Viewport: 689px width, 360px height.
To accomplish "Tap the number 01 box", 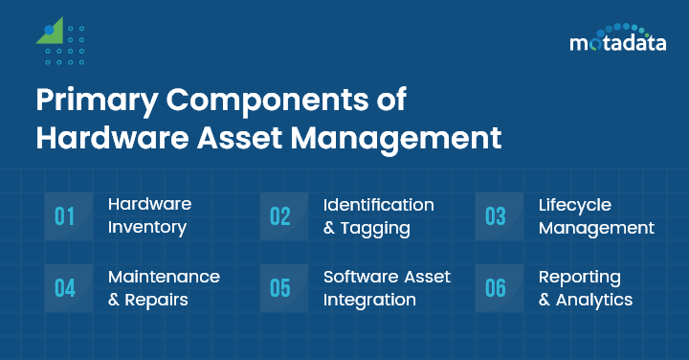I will [x=65, y=216].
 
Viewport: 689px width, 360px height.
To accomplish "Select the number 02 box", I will [x=279, y=216].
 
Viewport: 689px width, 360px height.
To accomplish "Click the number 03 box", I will [x=495, y=216].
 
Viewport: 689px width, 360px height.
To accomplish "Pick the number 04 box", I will [x=65, y=288].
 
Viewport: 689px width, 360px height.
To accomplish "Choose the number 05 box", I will [x=279, y=288].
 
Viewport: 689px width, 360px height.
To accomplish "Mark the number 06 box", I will [x=495, y=288].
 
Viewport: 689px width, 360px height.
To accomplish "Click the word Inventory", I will [x=147, y=229].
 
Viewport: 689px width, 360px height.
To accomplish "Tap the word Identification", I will [x=379, y=205].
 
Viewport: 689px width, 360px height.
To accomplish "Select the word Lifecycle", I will [x=575, y=205].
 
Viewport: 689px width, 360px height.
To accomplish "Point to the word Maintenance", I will [x=164, y=277].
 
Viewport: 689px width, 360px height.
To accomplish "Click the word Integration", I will [x=369, y=300].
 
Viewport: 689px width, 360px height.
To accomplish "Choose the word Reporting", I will [x=580, y=277].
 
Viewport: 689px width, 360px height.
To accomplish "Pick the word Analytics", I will [x=594, y=300].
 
